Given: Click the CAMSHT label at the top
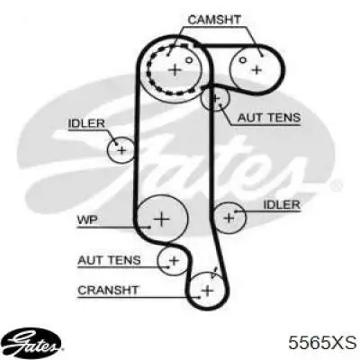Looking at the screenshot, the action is click(x=214, y=20).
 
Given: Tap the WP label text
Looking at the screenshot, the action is click(x=87, y=220).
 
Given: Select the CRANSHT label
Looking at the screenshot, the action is click(x=108, y=291).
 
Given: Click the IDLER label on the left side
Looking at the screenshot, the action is click(x=86, y=123).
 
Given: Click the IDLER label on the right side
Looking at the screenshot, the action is click(x=282, y=204).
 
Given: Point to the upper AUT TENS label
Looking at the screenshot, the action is click(x=269, y=117).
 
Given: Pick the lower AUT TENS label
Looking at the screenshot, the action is click(x=109, y=260).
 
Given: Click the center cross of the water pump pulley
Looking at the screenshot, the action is click(x=162, y=220).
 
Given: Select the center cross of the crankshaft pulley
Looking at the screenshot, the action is click(x=207, y=291).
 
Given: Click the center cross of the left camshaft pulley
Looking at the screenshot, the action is click(x=175, y=70).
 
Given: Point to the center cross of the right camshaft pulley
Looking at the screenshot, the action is click(x=256, y=70).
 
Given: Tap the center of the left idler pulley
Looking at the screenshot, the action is click(x=121, y=149).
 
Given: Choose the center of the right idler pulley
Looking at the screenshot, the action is click(x=229, y=218).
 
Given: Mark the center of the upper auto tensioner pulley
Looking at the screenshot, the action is click(x=215, y=98).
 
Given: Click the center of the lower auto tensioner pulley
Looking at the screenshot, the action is click(x=174, y=260).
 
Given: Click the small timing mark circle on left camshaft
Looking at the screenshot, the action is click(x=188, y=60).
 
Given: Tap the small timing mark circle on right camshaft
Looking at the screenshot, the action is click(x=243, y=60).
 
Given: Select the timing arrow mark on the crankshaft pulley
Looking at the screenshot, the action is click(x=214, y=273).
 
